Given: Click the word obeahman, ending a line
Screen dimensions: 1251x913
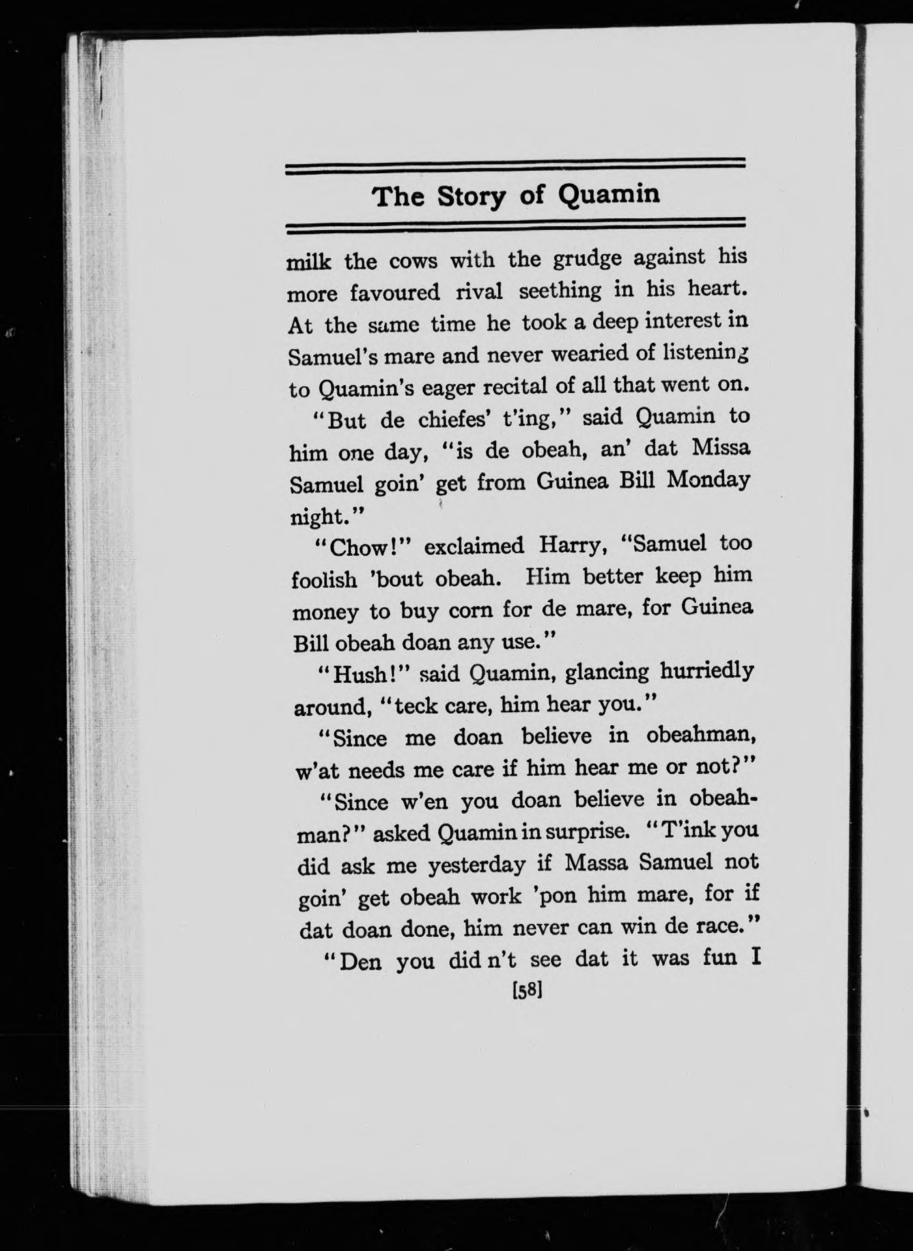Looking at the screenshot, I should [x=701, y=736].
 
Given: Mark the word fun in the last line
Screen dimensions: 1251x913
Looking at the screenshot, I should [x=713, y=960].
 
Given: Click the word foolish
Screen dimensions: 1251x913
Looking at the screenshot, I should [x=324, y=579].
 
